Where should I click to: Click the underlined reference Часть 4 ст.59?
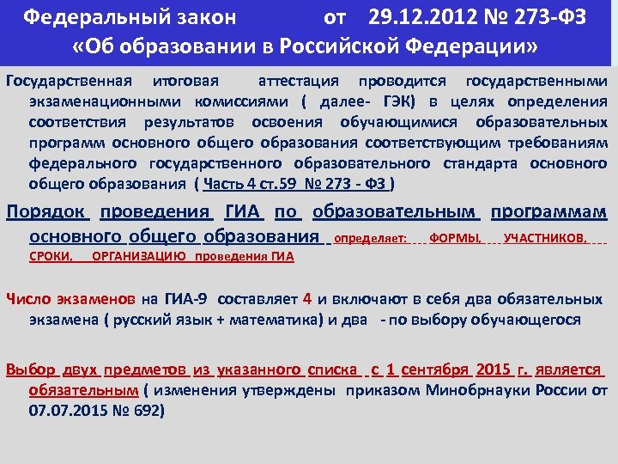(250, 183)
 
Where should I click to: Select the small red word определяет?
(370, 238)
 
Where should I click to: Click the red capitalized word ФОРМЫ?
(456, 238)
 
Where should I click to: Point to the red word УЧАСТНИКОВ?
(546, 238)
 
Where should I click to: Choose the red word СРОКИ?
(51, 256)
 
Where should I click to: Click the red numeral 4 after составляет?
(307, 299)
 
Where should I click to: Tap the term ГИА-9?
(186, 300)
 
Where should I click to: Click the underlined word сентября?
(437, 369)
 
